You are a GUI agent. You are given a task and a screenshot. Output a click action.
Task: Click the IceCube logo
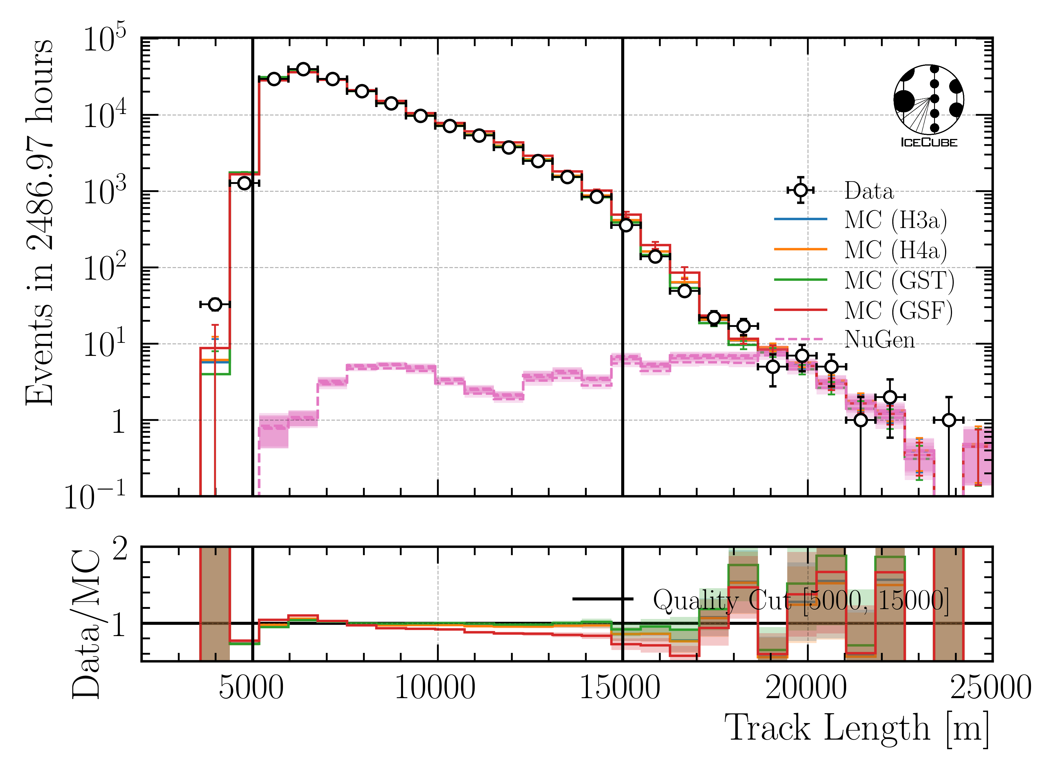click(928, 106)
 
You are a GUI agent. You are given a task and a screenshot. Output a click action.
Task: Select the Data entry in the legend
click(869, 191)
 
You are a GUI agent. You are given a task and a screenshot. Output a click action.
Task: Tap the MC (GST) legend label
click(899, 280)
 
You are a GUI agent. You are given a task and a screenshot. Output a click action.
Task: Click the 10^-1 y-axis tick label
click(95, 496)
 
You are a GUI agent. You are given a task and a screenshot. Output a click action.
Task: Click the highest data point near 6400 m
click(303, 69)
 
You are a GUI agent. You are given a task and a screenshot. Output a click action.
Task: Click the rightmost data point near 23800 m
click(949, 420)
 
